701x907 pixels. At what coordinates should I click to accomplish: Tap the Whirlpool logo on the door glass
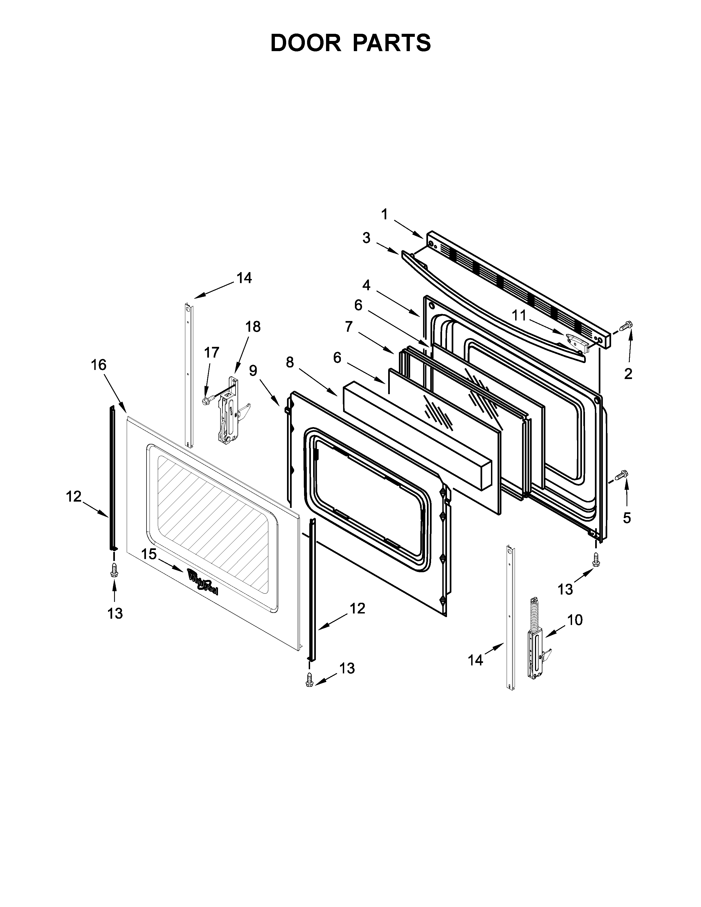pos(202,581)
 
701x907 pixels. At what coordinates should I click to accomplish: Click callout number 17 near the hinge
pos(211,353)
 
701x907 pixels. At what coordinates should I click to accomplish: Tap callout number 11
pos(518,316)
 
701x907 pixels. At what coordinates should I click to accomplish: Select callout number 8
pos(290,363)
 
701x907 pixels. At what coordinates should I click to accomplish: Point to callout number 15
pos(149,554)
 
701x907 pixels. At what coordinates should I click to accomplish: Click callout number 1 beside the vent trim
pos(385,214)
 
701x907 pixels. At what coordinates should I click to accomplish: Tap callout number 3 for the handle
pos(366,238)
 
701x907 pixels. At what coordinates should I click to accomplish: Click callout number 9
pos(253,370)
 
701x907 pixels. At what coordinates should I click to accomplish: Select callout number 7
pos(349,327)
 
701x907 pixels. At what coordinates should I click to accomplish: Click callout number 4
pos(366,285)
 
